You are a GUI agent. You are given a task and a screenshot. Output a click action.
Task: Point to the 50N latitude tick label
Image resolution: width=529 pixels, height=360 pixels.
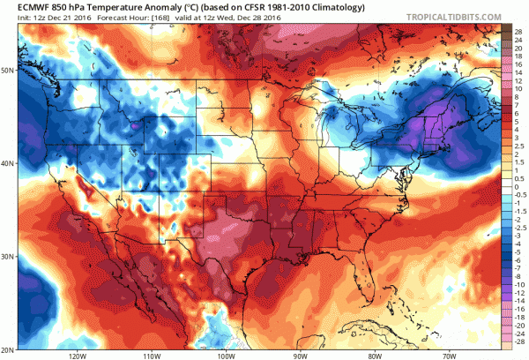coord(8,69)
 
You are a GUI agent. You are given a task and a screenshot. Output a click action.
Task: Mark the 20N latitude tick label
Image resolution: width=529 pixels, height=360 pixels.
coord(8,348)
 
